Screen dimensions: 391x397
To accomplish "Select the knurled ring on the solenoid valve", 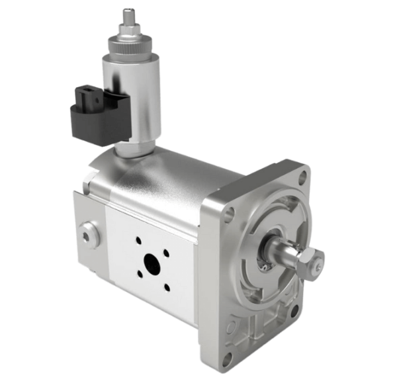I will [x=128, y=46].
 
